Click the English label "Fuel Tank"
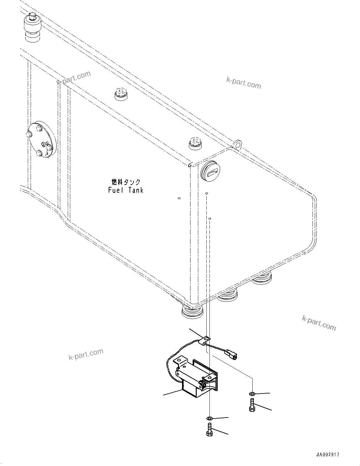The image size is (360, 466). pos(126,190)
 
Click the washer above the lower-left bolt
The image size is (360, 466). pos(210,418)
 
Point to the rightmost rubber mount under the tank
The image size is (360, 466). pos(262,278)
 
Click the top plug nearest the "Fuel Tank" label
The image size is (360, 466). pos(195,143)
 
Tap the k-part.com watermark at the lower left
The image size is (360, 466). pos(86,354)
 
